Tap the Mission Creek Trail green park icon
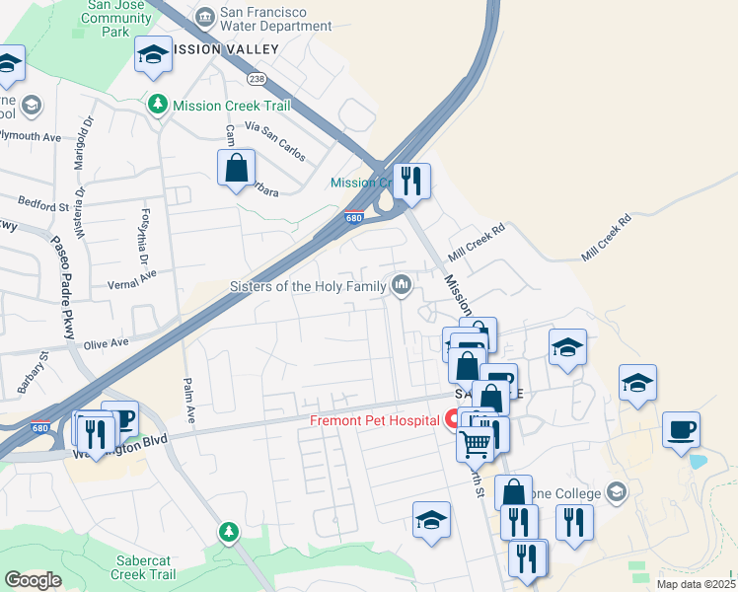coord(156,104)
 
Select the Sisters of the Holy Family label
coord(309,287)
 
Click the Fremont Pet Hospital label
coord(374,420)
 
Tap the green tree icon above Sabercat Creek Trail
coord(229,532)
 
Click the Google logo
coord(34,580)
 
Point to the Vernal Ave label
coord(133,280)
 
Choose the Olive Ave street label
coord(107,343)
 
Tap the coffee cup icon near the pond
coord(681,429)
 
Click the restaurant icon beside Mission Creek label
coord(411,181)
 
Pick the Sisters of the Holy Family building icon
coord(402,286)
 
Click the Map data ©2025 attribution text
coord(696,584)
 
